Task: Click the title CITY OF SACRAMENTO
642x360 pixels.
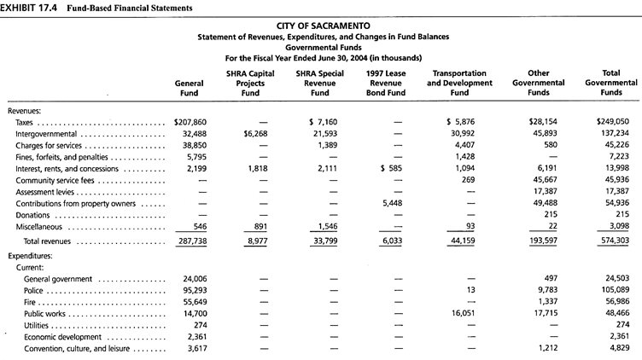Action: click(x=323, y=26)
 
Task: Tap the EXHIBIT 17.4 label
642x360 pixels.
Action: click(x=28, y=8)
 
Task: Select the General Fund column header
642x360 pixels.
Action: click(x=189, y=88)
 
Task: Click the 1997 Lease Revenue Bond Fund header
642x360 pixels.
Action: click(x=386, y=83)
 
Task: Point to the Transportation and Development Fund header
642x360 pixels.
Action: click(x=459, y=83)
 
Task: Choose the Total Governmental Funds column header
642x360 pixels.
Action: click(x=611, y=83)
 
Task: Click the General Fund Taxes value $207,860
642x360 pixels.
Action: click(x=190, y=122)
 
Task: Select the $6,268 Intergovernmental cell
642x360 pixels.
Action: click(x=255, y=134)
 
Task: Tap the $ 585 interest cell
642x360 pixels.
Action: click(x=391, y=168)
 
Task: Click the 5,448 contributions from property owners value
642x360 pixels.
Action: click(x=392, y=203)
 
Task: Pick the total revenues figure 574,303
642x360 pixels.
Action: click(x=612, y=241)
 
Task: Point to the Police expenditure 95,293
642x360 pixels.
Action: click(x=195, y=290)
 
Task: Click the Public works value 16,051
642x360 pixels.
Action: click(x=463, y=313)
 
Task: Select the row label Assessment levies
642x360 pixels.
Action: click(x=45, y=192)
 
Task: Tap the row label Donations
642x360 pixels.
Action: click(x=32, y=215)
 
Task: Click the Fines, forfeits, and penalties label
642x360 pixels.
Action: click(x=61, y=157)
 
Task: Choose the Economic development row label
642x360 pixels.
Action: click(x=62, y=337)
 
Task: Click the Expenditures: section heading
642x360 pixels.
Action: click(x=30, y=256)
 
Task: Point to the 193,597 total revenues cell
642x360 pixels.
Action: click(x=543, y=241)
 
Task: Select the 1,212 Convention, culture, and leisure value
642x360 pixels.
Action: click(x=548, y=348)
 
